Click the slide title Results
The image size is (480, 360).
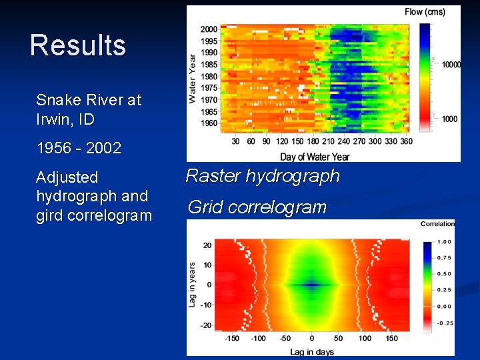point(78,45)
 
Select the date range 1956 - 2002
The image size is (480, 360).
point(79,148)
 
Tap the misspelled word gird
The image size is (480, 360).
point(51,215)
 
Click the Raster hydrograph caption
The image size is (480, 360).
point(263,176)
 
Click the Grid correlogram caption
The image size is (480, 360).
point(257,207)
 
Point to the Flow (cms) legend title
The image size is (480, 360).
point(425,11)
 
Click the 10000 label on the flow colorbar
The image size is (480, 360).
point(451,65)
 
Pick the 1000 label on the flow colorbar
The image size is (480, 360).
point(449,119)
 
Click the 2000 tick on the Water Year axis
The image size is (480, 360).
point(209,29)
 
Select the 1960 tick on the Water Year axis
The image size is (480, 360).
point(209,123)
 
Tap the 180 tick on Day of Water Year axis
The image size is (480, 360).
point(312,141)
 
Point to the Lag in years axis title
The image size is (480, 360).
point(193,284)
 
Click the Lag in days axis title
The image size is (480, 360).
point(312,351)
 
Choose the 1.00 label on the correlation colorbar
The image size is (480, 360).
point(445,242)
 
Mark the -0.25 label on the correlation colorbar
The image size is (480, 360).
point(445,323)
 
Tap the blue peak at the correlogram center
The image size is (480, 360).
point(312,284)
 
